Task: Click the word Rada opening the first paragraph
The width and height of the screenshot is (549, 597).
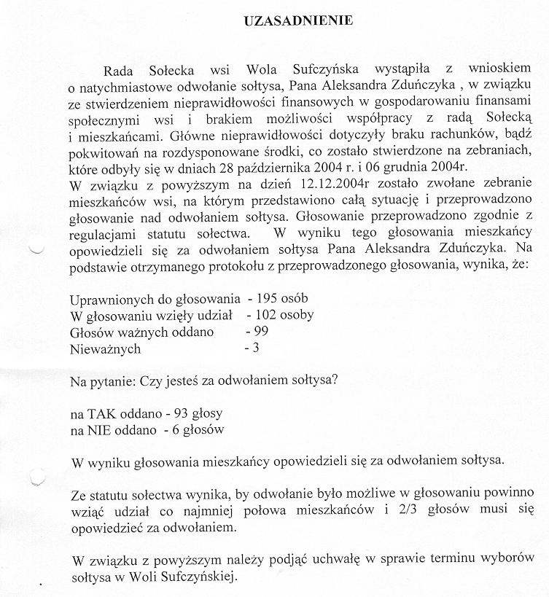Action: point(121,70)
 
